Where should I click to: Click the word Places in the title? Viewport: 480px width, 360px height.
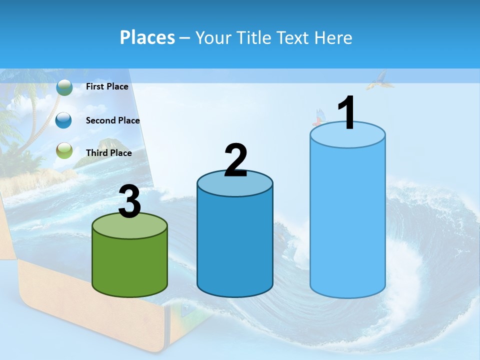(147, 37)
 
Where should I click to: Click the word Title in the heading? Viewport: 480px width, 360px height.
(254, 37)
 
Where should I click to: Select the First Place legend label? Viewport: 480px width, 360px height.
(107, 86)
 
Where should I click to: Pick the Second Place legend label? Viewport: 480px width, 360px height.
(112, 120)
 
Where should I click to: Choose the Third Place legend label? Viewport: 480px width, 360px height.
(108, 153)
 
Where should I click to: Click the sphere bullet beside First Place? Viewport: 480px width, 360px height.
(64, 87)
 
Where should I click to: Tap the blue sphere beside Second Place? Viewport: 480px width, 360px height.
(64, 120)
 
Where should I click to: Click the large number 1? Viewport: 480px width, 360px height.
(346, 113)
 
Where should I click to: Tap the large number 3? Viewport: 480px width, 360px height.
(130, 202)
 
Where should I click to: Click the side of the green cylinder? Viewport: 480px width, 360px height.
(130, 265)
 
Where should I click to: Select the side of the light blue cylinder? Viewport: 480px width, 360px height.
(347, 220)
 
